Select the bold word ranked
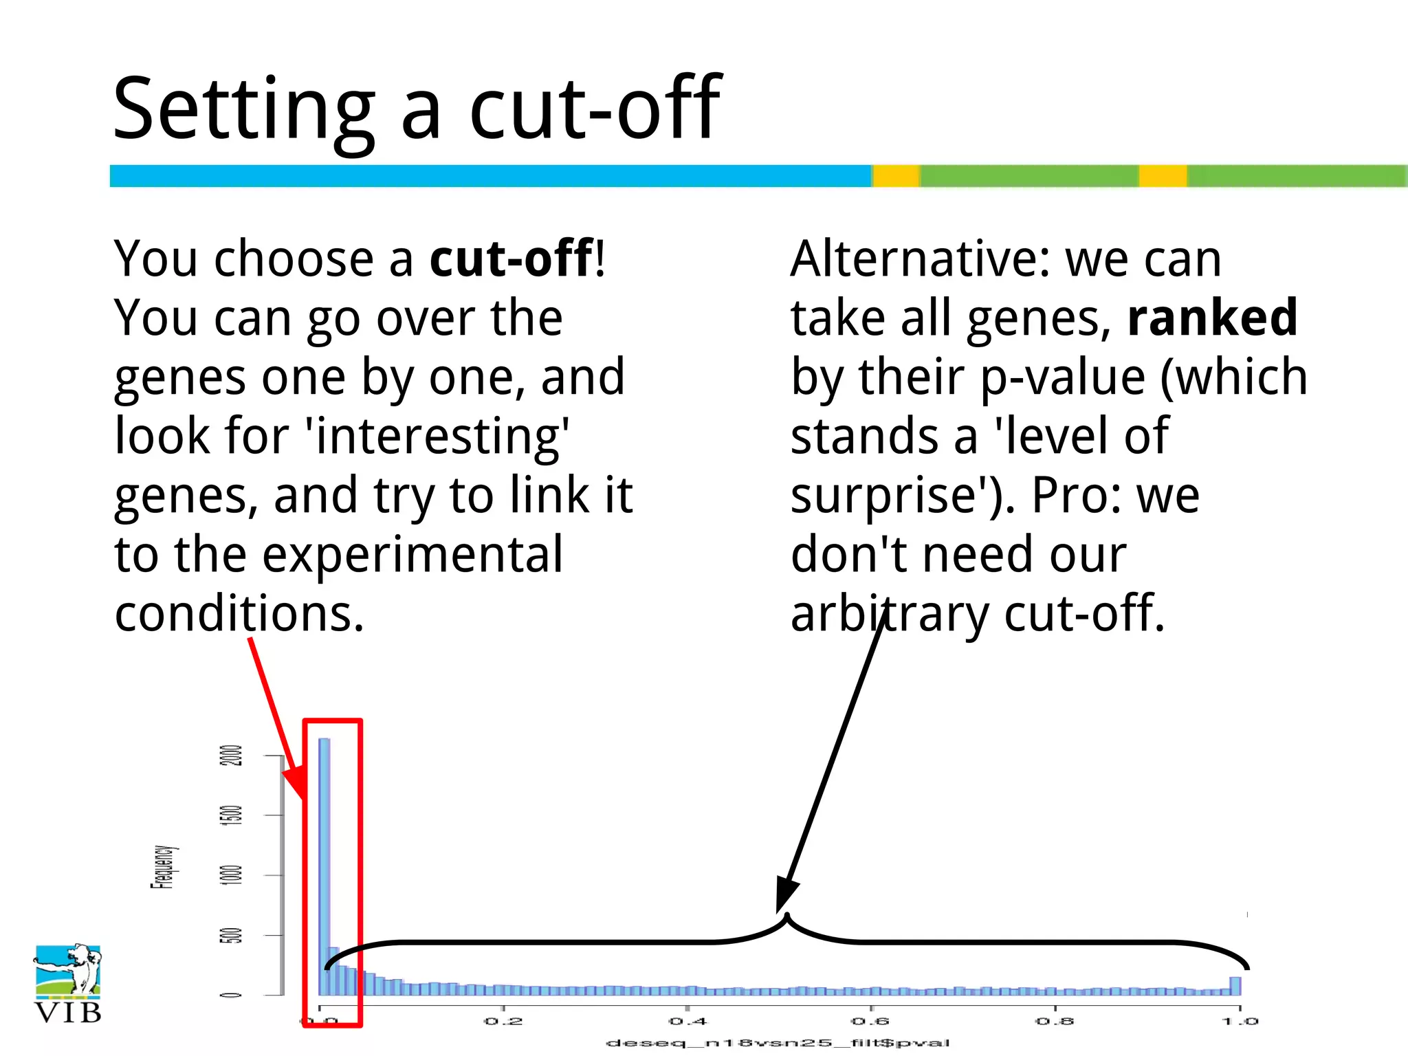(x=1212, y=318)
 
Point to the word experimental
(x=412, y=554)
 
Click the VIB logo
(x=67, y=983)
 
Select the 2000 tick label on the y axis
(x=234, y=755)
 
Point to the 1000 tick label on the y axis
(x=234, y=874)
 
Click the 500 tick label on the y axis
(x=234, y=935)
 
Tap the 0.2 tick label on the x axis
(x=503, y=1022)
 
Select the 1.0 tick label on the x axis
(x=1240, y=1022)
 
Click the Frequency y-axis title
(x=163, y=868)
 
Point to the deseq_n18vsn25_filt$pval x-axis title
(x=778, y=1043)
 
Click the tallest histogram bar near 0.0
(x=324, y=866)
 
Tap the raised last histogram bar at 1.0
(x=1235, y=986)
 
